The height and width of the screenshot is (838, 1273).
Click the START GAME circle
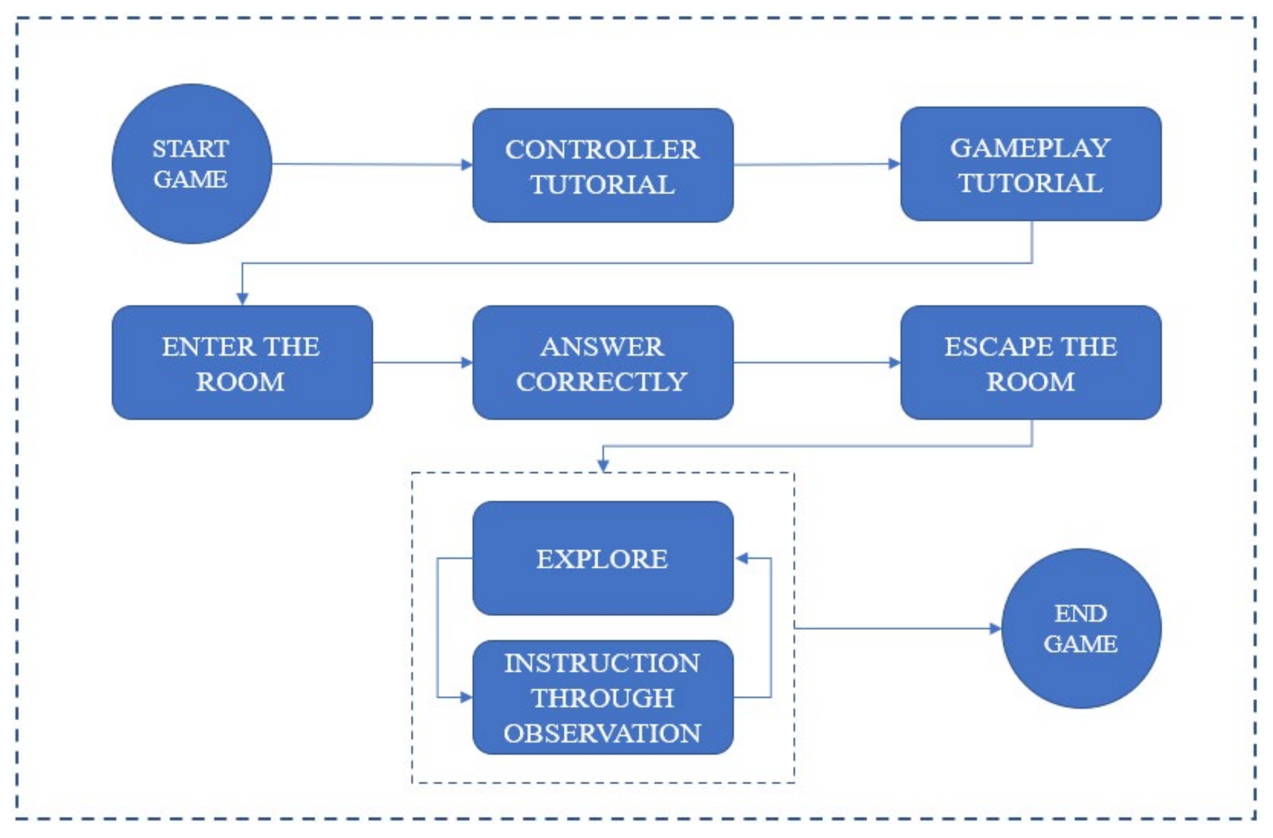pyautogui.click(x=192, y=164)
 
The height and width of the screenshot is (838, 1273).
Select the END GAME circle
pyautogui.click(x=1080, y=628)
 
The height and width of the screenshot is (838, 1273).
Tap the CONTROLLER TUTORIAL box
pyautogui.click(x=603, y=165)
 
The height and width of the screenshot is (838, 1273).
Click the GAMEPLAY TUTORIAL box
pyautogui.click(x=1030, y=164)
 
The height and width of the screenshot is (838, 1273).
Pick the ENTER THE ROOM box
pyautogui.click(x=242, y=363)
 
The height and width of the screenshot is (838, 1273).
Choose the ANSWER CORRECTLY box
pyautogui.click(x=603, y=363)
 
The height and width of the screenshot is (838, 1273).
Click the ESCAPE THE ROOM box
pyautogui.click(x=1030, y=363)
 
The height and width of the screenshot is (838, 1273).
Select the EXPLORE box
pyautogui.click(x=603, y=558)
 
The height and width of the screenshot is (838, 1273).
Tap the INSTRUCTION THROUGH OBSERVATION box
pyautogui.click(x=603, y=697)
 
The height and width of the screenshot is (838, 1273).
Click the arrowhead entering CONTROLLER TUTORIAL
pyautogui.click(x=466, y=165)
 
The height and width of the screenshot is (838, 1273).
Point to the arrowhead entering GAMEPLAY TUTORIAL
pyautogui.click(x=894, y=164)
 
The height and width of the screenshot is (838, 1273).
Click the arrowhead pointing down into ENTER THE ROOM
pyautogui.click(x=242, y=298)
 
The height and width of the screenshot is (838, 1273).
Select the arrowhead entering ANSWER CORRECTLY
pyautogui.click(x=466, y=363)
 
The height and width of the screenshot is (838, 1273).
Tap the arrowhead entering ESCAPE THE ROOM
pyautogui.click(x=894, y=363)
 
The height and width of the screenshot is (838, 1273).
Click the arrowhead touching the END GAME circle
pyautogui.click(x=994, y=628)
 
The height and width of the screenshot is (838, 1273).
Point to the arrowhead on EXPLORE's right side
pyautogui.click(x=742, y=558)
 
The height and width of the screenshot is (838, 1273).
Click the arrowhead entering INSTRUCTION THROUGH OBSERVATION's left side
pyautogui.click(x=466, y=697)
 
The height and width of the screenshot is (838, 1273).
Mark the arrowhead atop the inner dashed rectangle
pyautogui.click(x=603, y=466)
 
